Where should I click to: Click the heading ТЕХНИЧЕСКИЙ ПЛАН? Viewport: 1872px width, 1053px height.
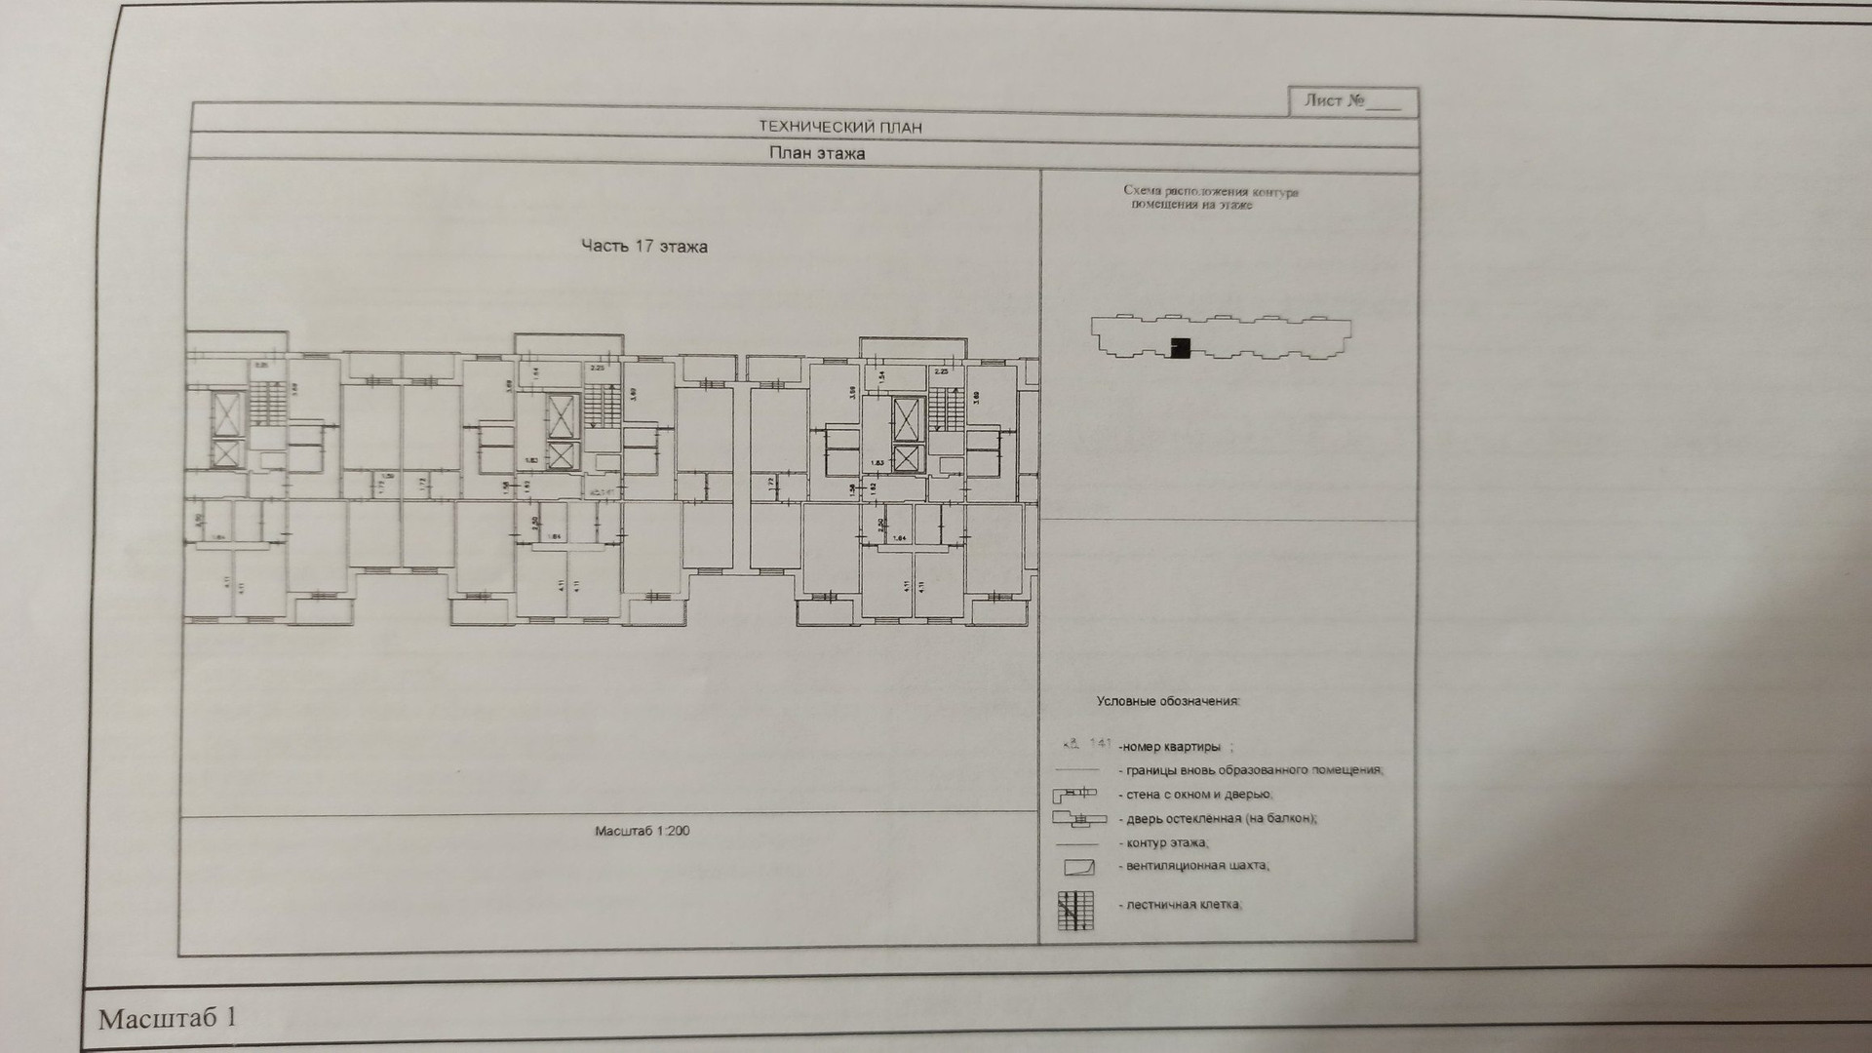[839, 127]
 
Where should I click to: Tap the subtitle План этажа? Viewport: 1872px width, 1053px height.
[816, 153]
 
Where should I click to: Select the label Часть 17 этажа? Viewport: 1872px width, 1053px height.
[643, 247]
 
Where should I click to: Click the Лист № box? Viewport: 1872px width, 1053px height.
[1352, 101]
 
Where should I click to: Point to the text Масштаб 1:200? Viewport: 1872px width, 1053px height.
[642, 832]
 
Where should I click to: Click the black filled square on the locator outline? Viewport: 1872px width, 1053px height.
[1181, 347]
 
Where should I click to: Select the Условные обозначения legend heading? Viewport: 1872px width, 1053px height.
[1167, 701]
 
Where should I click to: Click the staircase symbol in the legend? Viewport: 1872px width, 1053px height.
[1075, 910]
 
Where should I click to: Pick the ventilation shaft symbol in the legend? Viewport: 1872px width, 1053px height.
[1078, 867]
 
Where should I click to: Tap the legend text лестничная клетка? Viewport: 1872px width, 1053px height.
[1184, 905]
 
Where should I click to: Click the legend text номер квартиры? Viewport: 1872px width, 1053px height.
[1170, 747]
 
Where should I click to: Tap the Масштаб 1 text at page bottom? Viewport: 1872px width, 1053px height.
[167, 1019]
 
